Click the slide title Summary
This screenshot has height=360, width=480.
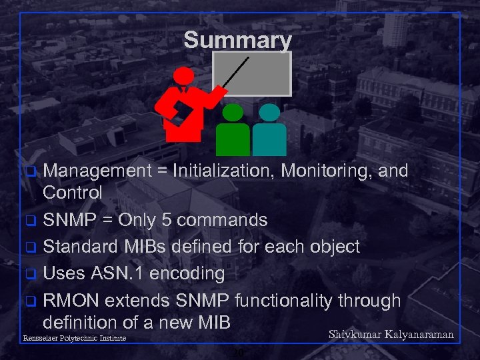click(237, 40)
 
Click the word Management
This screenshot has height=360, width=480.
click(97, 171)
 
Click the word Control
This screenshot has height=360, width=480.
click(73, 193)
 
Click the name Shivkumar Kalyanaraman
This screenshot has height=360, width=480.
click(391, 334)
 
